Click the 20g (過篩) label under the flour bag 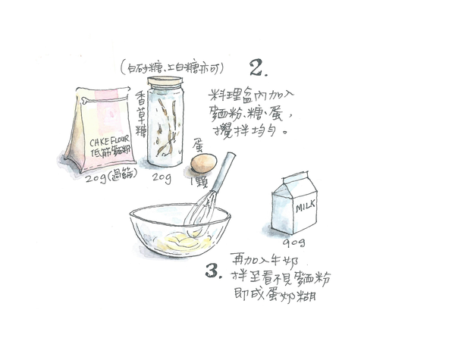106,179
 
